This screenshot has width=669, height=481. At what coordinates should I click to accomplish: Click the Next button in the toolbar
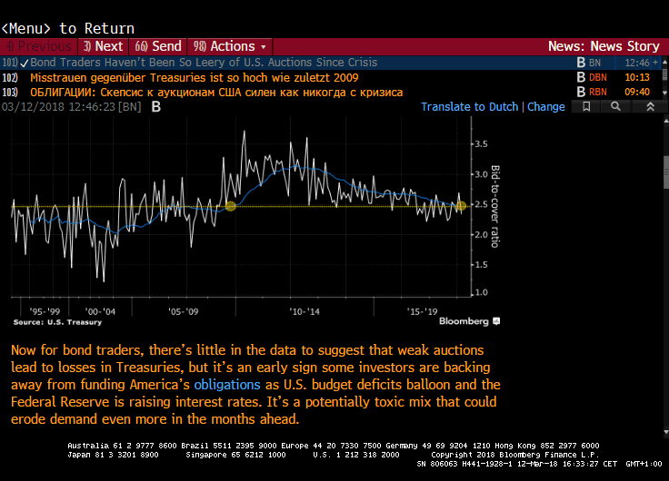coord(103,46)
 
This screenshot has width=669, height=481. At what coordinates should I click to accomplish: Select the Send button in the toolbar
coord(159,46)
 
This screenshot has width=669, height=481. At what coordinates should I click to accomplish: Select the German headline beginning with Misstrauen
coord(183,77)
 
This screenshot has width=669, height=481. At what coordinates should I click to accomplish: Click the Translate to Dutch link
coord(469,106)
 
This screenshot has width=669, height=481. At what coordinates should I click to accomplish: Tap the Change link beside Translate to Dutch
coord(546,106)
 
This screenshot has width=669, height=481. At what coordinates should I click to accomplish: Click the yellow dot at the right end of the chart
coord(461,206)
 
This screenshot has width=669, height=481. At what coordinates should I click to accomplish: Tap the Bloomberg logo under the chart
coord(468,321)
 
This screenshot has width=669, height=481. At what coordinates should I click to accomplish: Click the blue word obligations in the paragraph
coord(227,385)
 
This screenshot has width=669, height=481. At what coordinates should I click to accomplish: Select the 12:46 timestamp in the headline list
coord(637,63)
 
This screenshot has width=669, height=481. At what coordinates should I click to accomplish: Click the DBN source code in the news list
coord(597,77)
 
